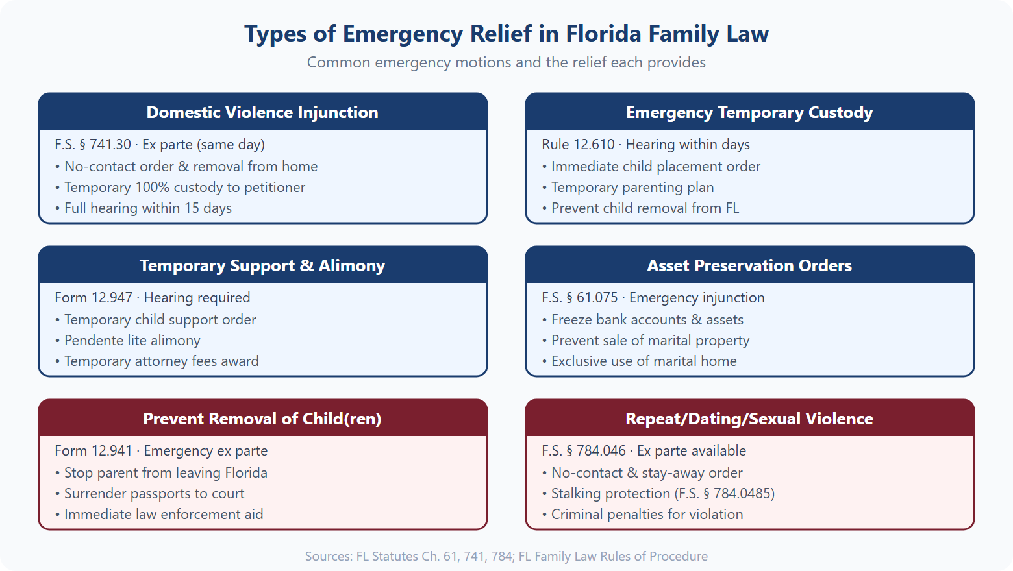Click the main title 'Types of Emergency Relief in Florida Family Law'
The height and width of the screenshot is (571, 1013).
[x=506, y=34]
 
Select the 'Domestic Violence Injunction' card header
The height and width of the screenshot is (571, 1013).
[x=262, y=112]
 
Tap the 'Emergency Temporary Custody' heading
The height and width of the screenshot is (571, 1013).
[x=749, y=112]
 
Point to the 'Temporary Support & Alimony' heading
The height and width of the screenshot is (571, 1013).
[x=262, y=265]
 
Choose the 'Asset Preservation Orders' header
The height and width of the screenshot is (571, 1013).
[x=749, y=265]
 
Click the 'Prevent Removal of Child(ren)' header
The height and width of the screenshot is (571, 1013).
[x=262, y=419]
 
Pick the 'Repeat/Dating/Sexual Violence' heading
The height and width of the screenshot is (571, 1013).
[x=749, y=419]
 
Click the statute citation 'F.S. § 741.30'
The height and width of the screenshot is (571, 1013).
[x=93, y=145]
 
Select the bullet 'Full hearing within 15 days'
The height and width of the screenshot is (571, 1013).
[x=147, y=208]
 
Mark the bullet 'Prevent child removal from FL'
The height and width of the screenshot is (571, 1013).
[x=644, y=208]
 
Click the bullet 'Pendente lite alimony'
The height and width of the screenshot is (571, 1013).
[x=132, y=341]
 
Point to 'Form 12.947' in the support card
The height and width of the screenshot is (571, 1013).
[x=94, y=298]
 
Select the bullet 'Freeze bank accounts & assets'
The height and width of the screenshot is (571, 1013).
[x=647, y=320]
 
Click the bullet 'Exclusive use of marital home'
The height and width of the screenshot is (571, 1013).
[x=644, y=361]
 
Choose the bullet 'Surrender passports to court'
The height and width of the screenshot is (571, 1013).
[x=154, y=494]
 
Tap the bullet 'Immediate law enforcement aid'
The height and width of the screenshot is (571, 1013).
[x=163, y=515]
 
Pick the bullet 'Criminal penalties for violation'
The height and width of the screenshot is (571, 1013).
[x=647, y=515]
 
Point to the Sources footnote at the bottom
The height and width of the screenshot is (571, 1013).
[x=506, y=556]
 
